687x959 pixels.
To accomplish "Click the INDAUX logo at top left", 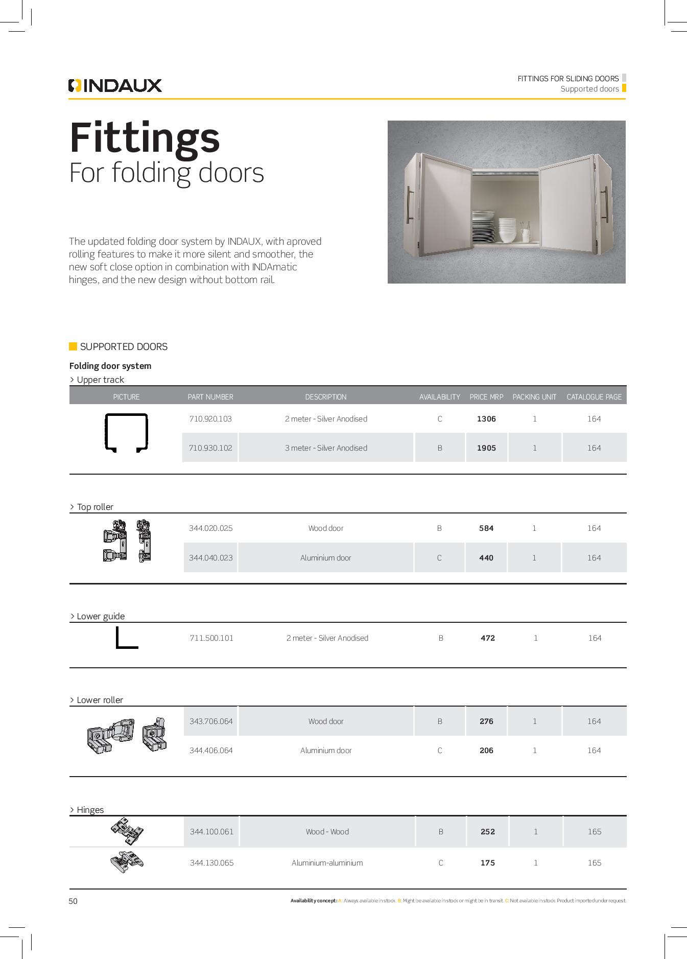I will tap(115, 85).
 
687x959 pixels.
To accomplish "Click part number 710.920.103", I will tap(210, 419).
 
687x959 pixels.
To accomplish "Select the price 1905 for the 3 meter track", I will tap(486, 448).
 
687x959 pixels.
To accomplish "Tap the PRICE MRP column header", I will tap(486, 397).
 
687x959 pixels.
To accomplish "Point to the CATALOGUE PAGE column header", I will tap(594, 397).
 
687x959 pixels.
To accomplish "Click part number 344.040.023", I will tap(210, 558).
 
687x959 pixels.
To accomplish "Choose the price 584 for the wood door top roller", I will tap(486, 528).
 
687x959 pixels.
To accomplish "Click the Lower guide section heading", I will tap(100, 616).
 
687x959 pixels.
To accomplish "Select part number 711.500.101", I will tap(211, 638).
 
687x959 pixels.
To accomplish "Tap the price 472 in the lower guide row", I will tap(487, 638).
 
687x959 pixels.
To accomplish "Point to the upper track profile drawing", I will tap(126, 433).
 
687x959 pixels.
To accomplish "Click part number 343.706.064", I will tap(210, 721).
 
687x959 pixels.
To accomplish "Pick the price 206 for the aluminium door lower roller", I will tap(486, 751).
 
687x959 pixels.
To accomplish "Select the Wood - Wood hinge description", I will tap(327, 832).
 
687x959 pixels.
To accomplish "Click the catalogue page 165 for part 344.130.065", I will tap(594, 863).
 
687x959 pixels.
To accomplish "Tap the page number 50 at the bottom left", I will tap(73, 901).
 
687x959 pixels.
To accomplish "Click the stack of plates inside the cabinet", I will tap(483, 228).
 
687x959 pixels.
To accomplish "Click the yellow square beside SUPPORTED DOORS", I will tap(73, 346).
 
